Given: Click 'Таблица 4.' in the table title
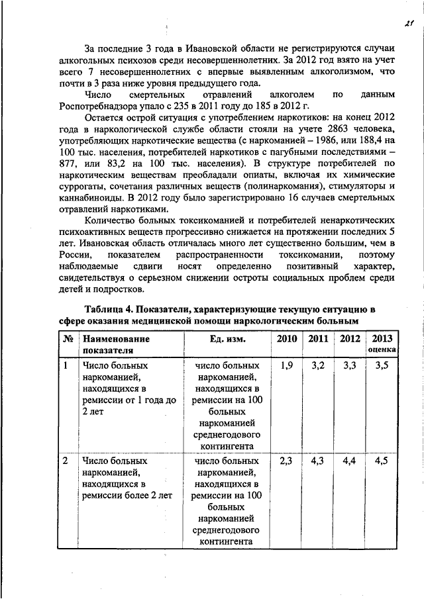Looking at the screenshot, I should (x=112, y=308).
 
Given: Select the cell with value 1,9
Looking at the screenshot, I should (x=286, y=365).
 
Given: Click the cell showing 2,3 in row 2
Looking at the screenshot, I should (x=286, y=461).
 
